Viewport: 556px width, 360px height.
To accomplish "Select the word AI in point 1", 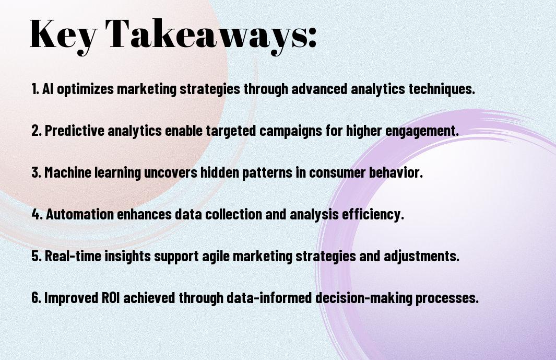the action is [x=48, y=89].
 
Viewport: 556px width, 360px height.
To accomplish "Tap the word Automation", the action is [x=80, y=214].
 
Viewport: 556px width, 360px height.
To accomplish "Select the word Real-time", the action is [x=73, y=256].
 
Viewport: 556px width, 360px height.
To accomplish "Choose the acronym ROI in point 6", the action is [x=111, y=297].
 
